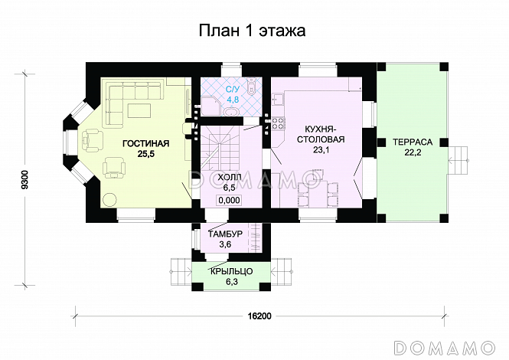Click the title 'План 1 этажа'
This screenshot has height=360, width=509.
(253, 31)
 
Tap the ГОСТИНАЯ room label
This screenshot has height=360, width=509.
(142, 142)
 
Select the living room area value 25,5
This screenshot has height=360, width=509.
(142, 154)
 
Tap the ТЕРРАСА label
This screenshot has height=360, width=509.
(413, 142)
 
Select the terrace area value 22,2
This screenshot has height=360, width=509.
(413, 154)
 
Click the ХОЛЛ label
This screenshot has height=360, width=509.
(230, 177)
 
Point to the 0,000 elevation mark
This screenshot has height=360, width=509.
(230, 200)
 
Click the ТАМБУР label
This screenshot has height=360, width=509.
(225, 234)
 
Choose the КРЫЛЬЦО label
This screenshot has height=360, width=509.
(230, 271)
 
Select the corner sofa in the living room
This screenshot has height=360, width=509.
(122, 103)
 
